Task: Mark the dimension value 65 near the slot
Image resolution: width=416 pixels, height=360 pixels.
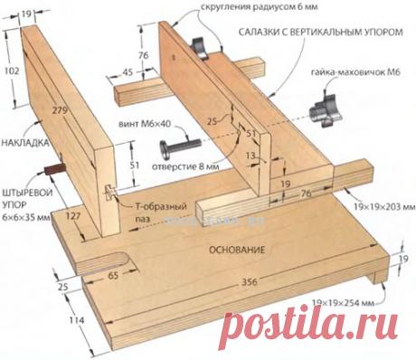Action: coord(117,270)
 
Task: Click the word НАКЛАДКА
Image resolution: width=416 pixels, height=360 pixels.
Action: coord(23,144)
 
